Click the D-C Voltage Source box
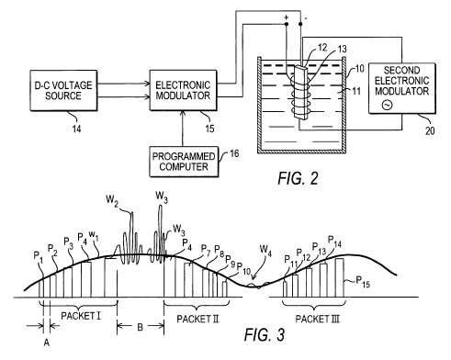coord(63,91)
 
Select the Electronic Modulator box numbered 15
coord(183,90)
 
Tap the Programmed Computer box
coord(184,162)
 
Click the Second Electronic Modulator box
coord(402,88)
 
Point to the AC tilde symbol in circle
coord(387,106)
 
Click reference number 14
coord(76,129)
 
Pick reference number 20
coord(430,130)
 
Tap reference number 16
coord(234,153)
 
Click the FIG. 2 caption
coord(298,178)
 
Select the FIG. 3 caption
coord(265,334)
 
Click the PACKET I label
coord(81,316)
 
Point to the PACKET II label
coord(197,319)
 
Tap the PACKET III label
coord(318,319)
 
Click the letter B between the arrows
coord(141,327)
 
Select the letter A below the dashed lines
coord(46,343)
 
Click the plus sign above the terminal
coord(287,17)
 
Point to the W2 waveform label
coord(112,200)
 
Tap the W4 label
coord(265,250)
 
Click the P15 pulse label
coord(363,282)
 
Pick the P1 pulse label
coord(39,256)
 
